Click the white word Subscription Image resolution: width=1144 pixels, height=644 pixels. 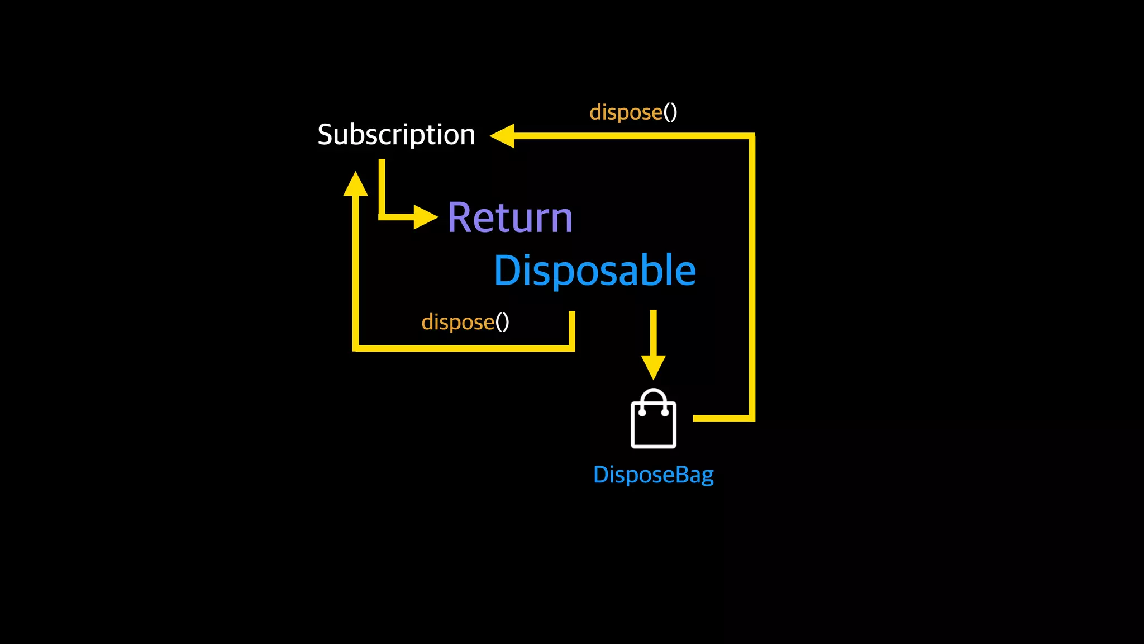click(396, 135)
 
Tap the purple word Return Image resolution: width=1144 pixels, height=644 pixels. click(510, 217)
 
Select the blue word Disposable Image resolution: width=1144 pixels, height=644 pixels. click(595, 271)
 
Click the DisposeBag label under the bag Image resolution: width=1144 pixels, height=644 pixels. click(653, 475)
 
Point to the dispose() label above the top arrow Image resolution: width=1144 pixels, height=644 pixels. click(633, 112)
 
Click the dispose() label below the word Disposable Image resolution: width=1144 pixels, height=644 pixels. click(465, 322)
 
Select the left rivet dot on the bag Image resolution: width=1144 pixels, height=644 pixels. click(642, 413)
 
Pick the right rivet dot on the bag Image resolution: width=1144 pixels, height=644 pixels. click(665, 413)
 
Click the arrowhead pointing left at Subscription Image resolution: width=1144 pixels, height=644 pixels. click(503, 136)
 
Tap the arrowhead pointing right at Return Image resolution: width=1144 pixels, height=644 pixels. click(425, 217)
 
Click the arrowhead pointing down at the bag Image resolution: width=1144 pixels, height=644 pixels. click(653, 367)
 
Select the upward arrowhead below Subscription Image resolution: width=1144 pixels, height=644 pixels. click(355, 184)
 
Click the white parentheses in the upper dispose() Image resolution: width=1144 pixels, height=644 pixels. click(670, 112)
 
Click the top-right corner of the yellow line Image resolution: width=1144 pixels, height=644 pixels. click(752, 136)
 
